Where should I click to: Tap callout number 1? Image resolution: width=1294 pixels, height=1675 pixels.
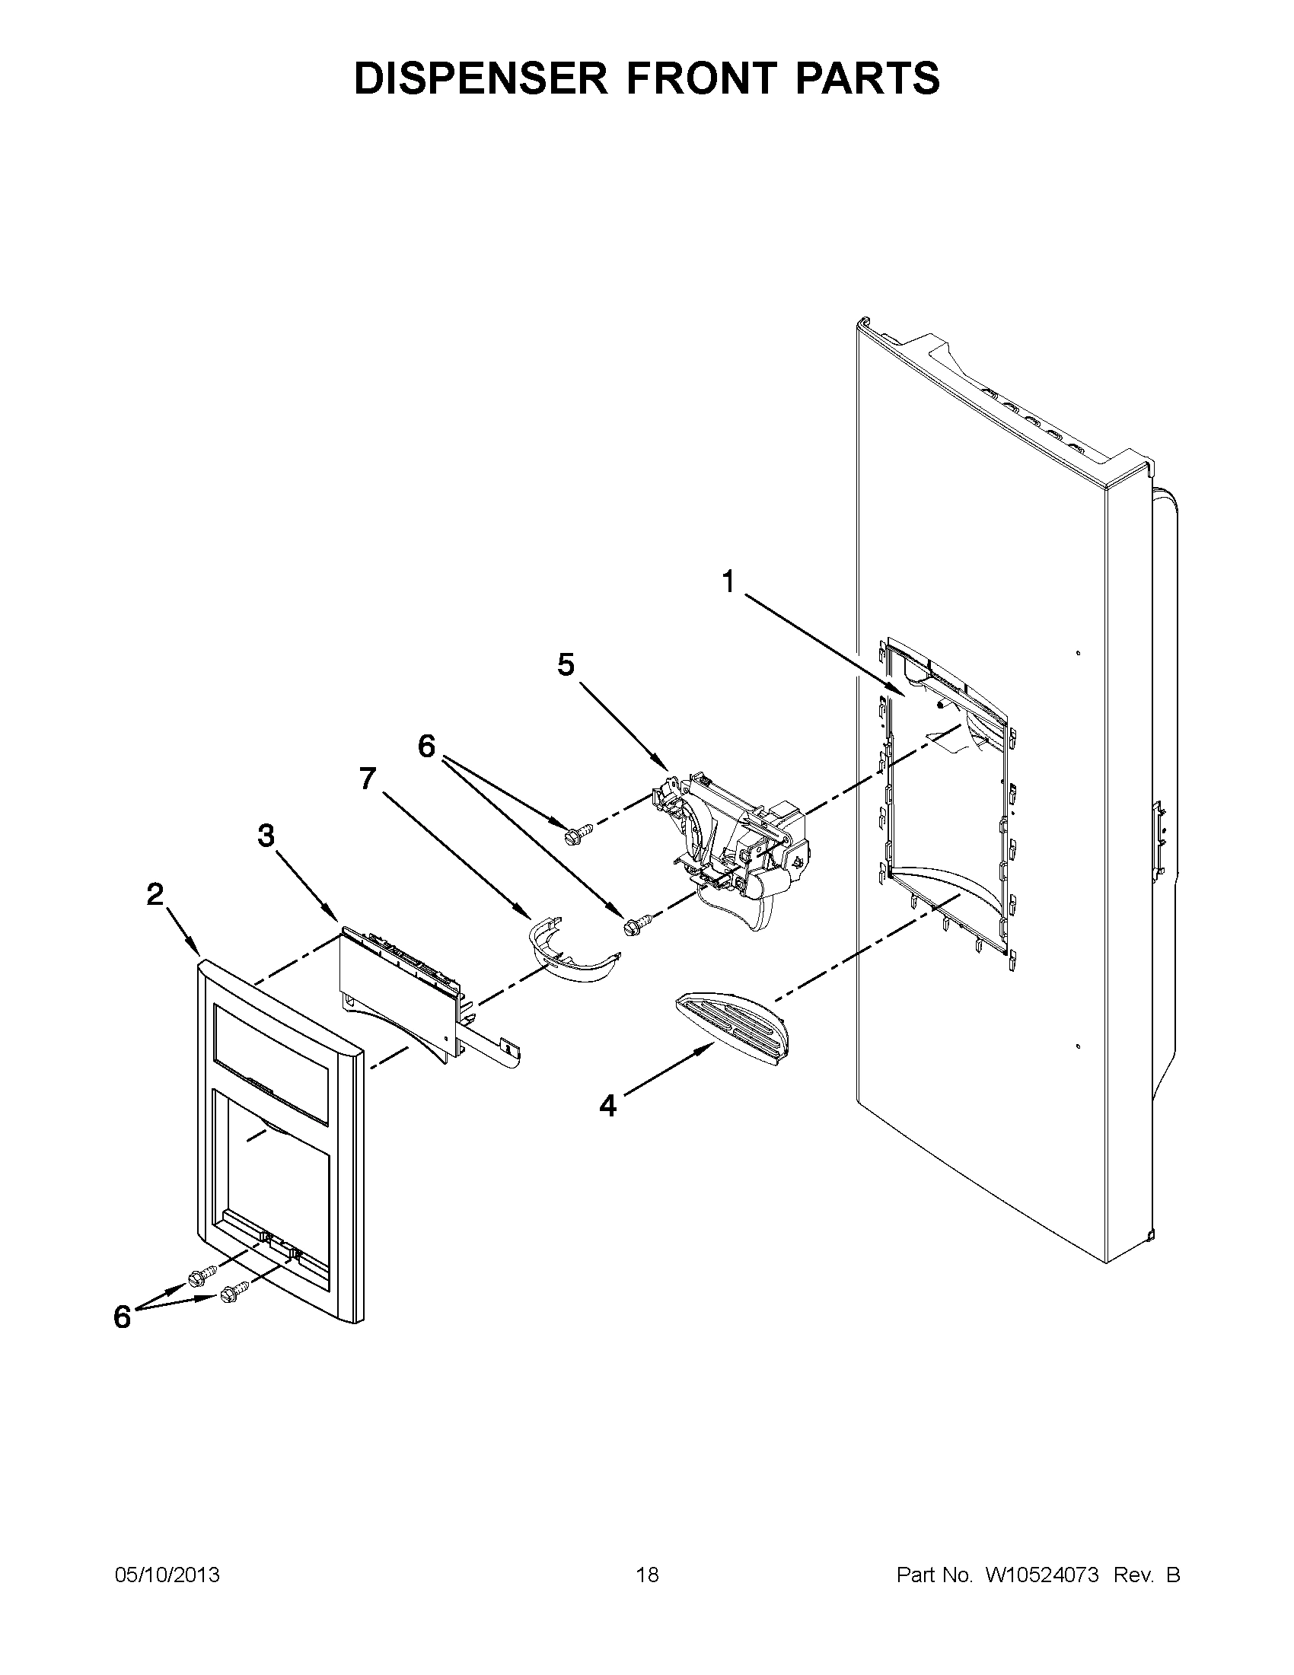[728, 583]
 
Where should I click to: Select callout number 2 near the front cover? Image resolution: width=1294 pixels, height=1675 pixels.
[155, 893]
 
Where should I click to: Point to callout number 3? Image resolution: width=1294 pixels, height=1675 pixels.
[266, 836]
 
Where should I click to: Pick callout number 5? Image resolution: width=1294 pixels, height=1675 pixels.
[566, 665]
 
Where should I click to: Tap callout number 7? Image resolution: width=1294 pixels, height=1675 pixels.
[368, 779]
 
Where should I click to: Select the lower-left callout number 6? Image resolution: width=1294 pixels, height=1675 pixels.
[122, 1317]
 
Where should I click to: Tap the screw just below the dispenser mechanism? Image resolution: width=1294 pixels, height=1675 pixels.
[639, 921]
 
